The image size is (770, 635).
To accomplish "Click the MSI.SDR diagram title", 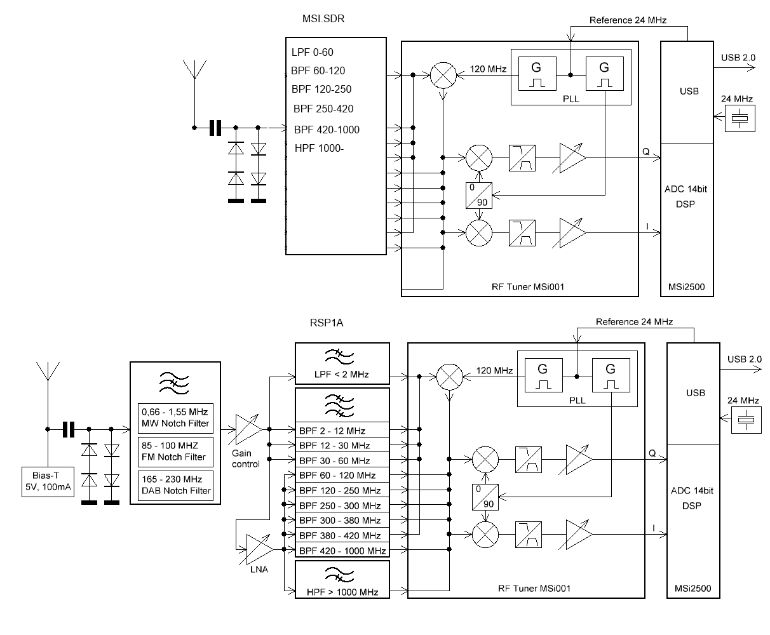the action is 323,19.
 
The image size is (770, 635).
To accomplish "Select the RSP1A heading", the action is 327,323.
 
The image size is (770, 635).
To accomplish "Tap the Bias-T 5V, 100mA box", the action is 48,482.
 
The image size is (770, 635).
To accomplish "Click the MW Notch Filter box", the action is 175,418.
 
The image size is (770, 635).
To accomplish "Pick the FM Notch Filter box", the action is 175,451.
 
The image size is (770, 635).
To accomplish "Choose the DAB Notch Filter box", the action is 175,485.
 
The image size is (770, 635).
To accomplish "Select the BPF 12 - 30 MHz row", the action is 342,445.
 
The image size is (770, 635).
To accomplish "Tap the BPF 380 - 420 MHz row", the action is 342,535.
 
